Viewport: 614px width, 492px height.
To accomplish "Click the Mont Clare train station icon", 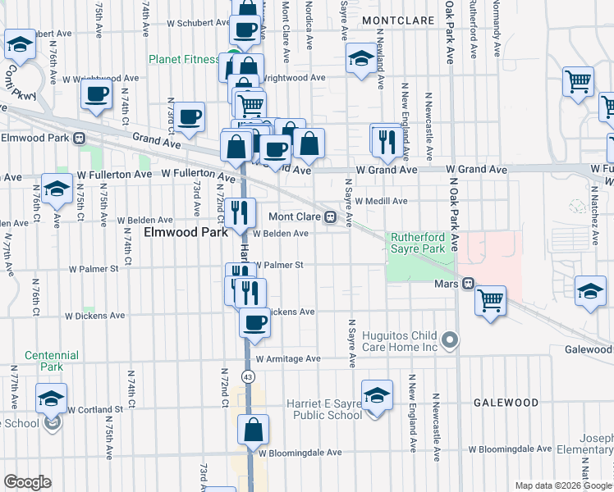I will click(330, 217).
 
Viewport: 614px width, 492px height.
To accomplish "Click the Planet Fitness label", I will click(184, 60).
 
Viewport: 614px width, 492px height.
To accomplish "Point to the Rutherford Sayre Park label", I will click(416, 242).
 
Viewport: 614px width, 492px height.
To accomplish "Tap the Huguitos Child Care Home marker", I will click(449, 339).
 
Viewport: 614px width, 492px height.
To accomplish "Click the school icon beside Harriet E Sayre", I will click(377, 397).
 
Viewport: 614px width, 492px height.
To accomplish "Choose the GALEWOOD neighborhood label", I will click(506, 403).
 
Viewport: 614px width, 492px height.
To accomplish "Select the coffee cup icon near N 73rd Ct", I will click(190, 116).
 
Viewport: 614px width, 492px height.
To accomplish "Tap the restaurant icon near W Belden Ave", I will click(241, 212).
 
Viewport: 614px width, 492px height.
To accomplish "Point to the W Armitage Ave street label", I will click(287, 359).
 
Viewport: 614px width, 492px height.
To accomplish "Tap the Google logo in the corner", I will click(27, 482).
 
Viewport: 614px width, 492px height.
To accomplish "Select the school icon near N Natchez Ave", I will click(589, 290).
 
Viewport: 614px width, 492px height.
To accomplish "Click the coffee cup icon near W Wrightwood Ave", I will click(96, 93).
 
